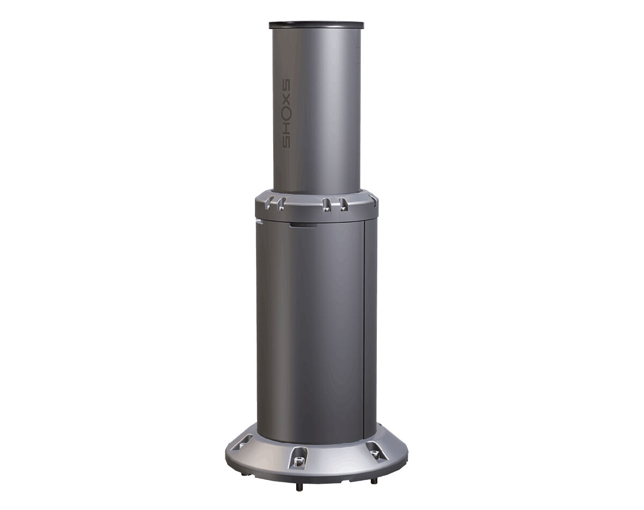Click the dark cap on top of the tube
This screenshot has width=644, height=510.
[x=317, y=25]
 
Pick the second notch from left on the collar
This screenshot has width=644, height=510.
[x=282, y=202]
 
